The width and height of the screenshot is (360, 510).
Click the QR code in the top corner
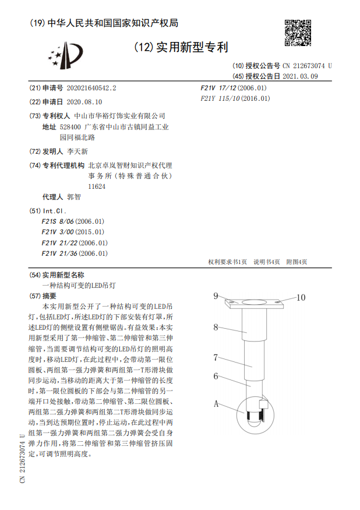(x=298, y=33)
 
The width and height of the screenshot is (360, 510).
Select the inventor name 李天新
(x=77, y=151)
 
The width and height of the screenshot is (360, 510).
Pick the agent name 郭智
(x=74, y=197)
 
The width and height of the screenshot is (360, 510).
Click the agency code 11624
(x=96, y=186)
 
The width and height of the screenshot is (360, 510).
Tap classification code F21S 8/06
(x=73, y=221)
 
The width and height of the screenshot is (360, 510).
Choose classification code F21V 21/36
(x=75, y=253)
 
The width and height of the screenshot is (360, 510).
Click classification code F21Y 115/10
(x=235, y=99)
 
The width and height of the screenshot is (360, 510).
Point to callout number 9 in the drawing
(x=216, y=296)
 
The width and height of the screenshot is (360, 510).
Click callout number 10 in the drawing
(x=301, y=297)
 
